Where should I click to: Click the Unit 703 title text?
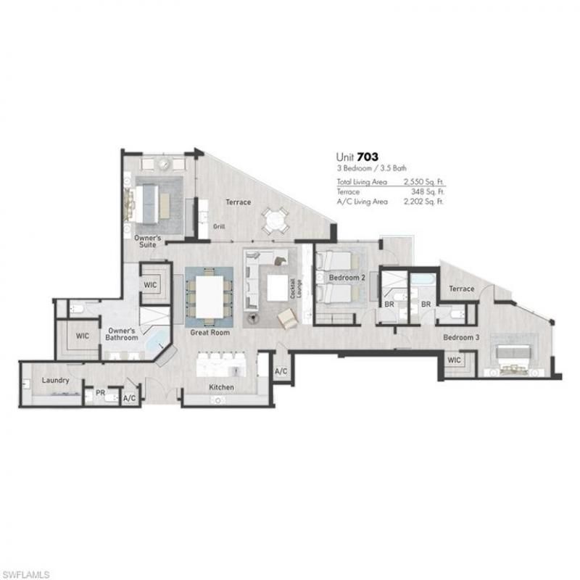(357, 156)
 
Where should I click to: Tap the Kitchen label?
(221, 387)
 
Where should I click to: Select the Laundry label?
(55, 379)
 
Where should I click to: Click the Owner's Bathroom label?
(120, 333)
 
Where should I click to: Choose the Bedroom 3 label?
(461, 338)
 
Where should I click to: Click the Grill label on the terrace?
(219, 227)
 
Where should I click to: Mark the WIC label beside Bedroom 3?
(454, 360)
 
